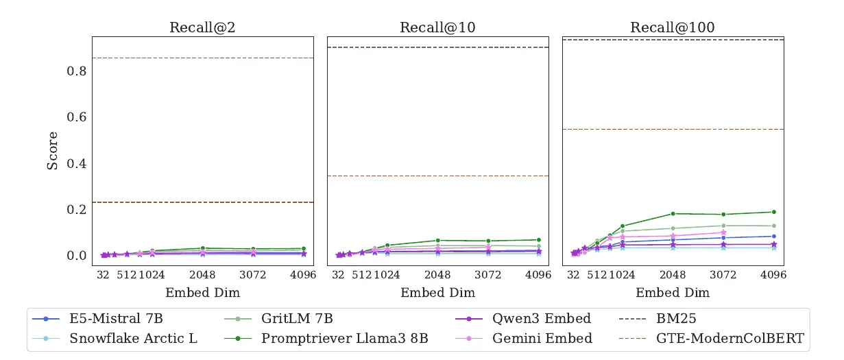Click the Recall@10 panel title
(x=437, y=27)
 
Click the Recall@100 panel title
(x=673, y=27)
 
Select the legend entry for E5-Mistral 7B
(x=116, y=319)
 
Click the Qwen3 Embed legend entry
(x=542, y=319)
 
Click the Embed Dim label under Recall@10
(x=437, y=293)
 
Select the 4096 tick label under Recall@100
(x=773, y=275)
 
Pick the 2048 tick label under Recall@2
(x=202, y=275)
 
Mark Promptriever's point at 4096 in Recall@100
(x=774, y=212)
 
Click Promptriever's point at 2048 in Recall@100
(x=673, y=214)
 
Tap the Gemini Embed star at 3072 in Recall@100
(x=723, y=232)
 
